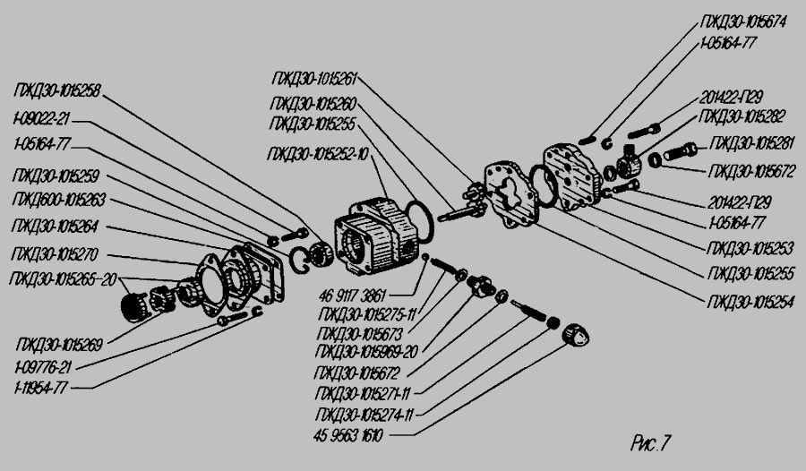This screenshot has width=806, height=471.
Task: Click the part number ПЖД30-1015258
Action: click(x=57, y=90)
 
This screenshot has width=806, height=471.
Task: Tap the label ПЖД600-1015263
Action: click(x=58, y=198)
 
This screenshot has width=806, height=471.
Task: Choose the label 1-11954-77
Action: click(x=40, y=387)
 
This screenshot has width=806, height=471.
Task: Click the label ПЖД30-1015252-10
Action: click(x=317, y=154)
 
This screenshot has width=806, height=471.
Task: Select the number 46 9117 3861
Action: click(x=356, y=292)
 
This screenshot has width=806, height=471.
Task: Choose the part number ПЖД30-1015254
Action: click(x=750, y=302)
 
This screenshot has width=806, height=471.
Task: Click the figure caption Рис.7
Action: click(x=650, y=442)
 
